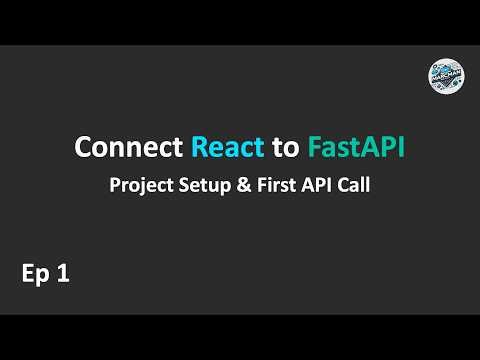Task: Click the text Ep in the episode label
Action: [x=34, y=275]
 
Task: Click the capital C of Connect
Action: [x=84, y=149]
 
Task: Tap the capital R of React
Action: [x=197, y=149]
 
